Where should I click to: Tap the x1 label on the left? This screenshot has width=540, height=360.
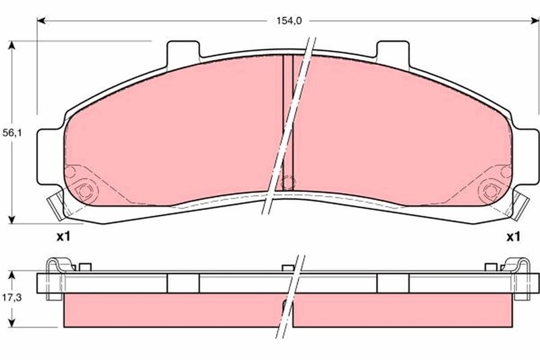pyautogui.click(x=63, y=237)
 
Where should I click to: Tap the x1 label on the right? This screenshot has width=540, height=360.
pyautogui.click(x=514, y=237)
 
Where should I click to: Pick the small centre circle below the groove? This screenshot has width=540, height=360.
pyautogui.click(x=288, y=182)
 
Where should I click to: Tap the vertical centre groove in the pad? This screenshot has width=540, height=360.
pyautogui.click(x=288, y=115)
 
